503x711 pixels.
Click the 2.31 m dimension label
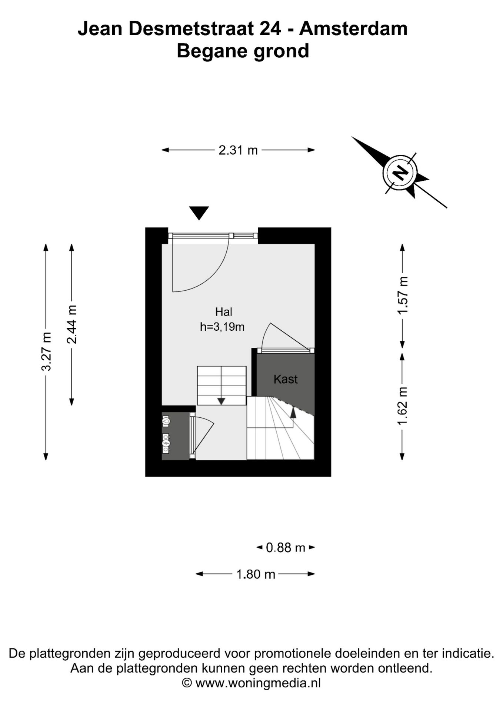(238, 150)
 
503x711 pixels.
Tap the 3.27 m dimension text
(46, 351)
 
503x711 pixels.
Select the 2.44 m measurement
(72, 324)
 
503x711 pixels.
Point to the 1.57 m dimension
(403, 296)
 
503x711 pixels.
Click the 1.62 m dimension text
(403, 406)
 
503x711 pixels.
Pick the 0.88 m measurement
(286, 547)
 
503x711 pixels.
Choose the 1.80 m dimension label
(256, 574)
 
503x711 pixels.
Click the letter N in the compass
(400, 173)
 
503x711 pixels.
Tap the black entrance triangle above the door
(199, 213)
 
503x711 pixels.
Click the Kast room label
(286, 379)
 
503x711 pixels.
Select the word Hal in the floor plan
(224, 312)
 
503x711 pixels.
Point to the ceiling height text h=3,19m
(222, 327)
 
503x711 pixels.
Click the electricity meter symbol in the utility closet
(166, 443)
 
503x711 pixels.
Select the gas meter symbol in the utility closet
(166, 421)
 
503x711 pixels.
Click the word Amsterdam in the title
(353, 29)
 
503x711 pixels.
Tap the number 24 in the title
(270, 29)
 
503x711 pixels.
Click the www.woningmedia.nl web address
(258, 683)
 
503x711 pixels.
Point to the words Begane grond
(243, 51)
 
